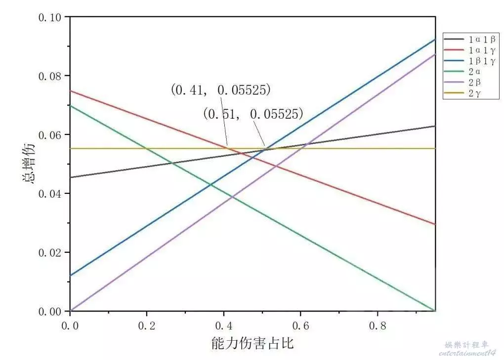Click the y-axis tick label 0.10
(x=49, y=18)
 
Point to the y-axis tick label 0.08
(x=49, y=76)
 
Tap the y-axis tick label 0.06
(x=49, y=135)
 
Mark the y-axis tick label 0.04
(x=49, y=194)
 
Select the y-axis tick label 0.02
(x=49, y=253)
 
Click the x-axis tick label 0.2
(x=147, y=326)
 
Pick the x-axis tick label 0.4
(x=224, y=326)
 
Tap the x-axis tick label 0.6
(x=301, y=326)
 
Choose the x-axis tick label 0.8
(x=378, y=326)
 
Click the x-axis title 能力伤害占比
(x=252, y=343)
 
